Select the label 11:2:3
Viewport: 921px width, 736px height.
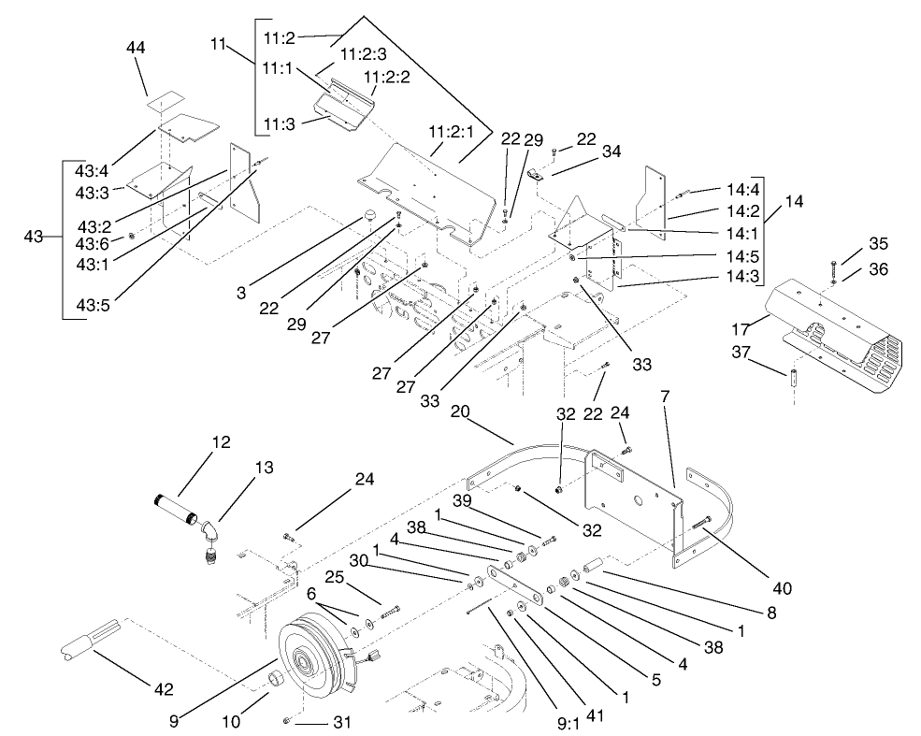click(363, 55)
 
